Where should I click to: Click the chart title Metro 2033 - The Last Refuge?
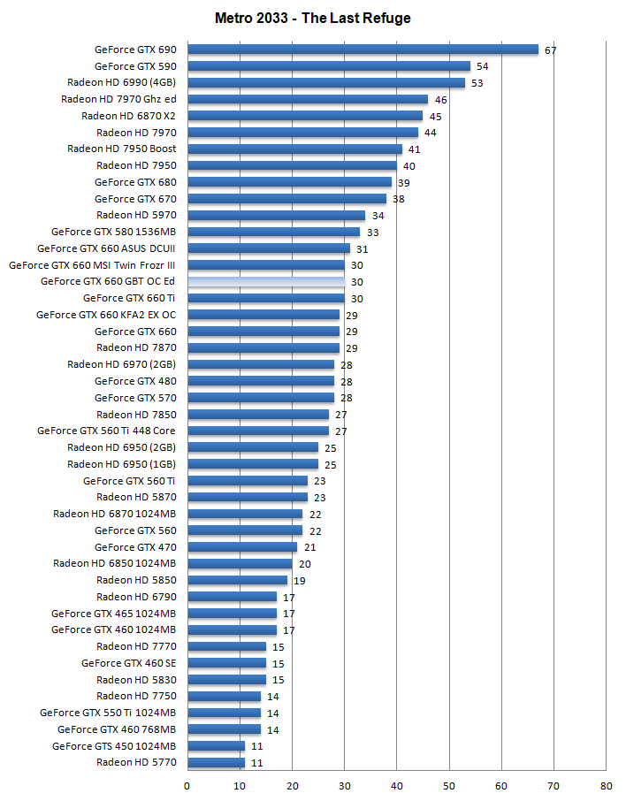click(x=312, y=18)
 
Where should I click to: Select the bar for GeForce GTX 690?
click(x=363, y=50)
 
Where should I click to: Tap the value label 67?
click(x=550, y=50)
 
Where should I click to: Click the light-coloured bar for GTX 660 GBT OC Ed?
click(x=266, y=281)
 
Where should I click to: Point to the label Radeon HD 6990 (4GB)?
click(x=121, y=82)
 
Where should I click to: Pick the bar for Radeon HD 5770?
click(x=216, y=762)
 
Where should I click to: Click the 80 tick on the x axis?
click(x=606, y=784)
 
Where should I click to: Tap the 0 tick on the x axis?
click(x=187, y=784)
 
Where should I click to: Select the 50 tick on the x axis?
click(x=449, y=784)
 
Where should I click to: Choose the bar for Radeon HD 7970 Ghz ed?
click(x=308, y=99)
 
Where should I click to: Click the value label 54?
click(x=482, y=66)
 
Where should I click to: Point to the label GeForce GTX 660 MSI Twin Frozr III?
click(x=92, y=264)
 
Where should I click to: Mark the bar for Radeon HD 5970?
click(x=276, y=215)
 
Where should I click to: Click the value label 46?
click(x=440, y=100)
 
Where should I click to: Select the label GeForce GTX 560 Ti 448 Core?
click(x=106, y=431)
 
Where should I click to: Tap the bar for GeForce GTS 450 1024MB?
click(x=216, y=745)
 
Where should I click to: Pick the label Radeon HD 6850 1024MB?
click(x=114, y=563)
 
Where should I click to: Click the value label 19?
click(x=299, y=581)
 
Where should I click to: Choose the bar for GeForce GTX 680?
click(x=289, y=182)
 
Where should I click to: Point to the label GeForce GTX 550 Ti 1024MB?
click(x=108, y=713)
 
